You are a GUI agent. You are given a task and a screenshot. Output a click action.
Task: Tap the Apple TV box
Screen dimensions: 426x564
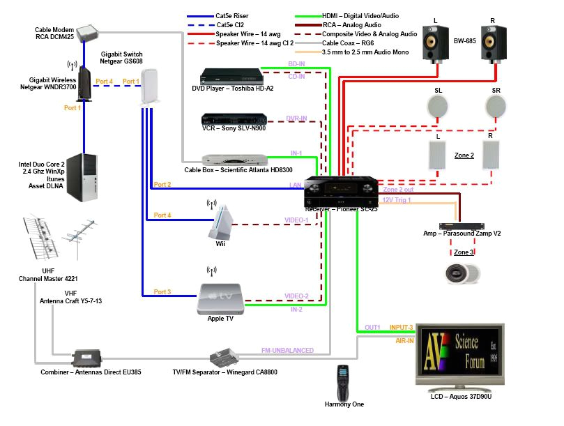(x=221, y=296)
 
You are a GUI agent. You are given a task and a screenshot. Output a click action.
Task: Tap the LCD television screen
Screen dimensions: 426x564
(x=459, y=353)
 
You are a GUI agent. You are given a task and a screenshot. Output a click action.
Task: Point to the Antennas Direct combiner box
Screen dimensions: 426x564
(x=86, y=358)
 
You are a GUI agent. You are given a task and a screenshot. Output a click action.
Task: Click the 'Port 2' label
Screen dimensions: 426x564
(x=162, y=185)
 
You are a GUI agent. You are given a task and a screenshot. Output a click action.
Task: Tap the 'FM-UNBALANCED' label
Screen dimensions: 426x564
(x=287, y=350)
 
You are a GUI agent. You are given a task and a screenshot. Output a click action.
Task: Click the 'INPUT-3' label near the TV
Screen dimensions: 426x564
(x=402, y=327)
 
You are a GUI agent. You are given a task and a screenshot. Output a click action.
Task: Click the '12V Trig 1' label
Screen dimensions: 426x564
(x=397, y=200)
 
